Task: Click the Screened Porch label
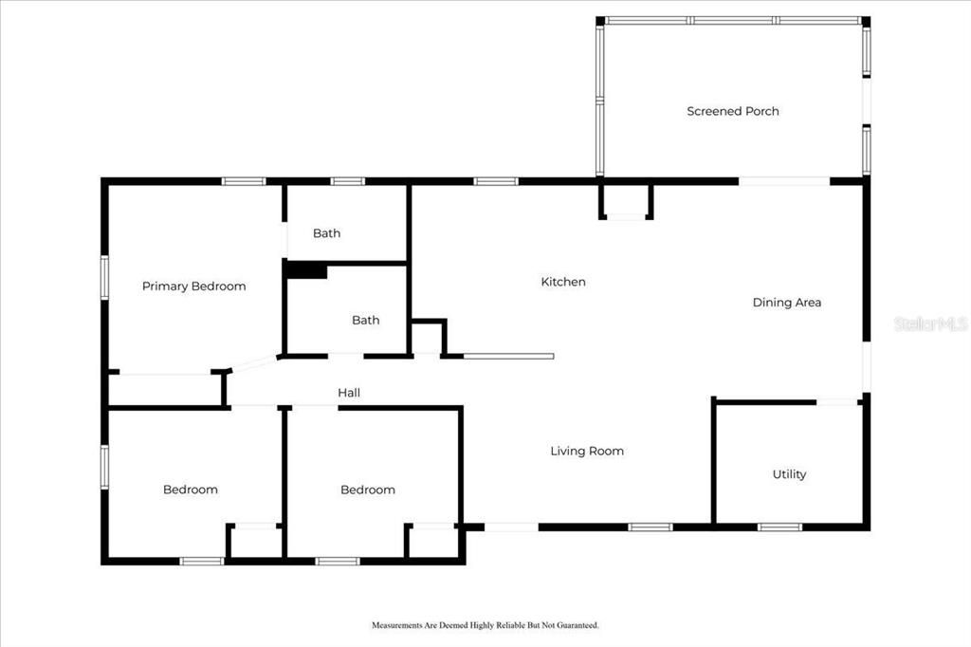(732, 111)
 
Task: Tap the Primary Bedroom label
(193, 286)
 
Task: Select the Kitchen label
(563, 282)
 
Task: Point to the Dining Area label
(786, 303)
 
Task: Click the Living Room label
(587, 451)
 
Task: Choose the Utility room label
(789, 474)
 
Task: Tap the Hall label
(349, 393)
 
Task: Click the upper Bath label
(326, 233)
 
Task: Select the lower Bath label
(365, 320)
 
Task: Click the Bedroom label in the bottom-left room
(190, 490)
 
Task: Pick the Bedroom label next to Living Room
(368, 490)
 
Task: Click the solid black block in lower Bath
(306, 271)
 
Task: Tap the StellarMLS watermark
(930, 323)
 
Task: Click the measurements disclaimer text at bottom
(485, 625)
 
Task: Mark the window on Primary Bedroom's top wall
(244, 181)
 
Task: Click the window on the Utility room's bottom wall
(779, 527)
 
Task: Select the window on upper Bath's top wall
(348, 181)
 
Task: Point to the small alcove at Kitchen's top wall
(626, 201)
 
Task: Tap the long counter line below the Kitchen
(508, 357)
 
